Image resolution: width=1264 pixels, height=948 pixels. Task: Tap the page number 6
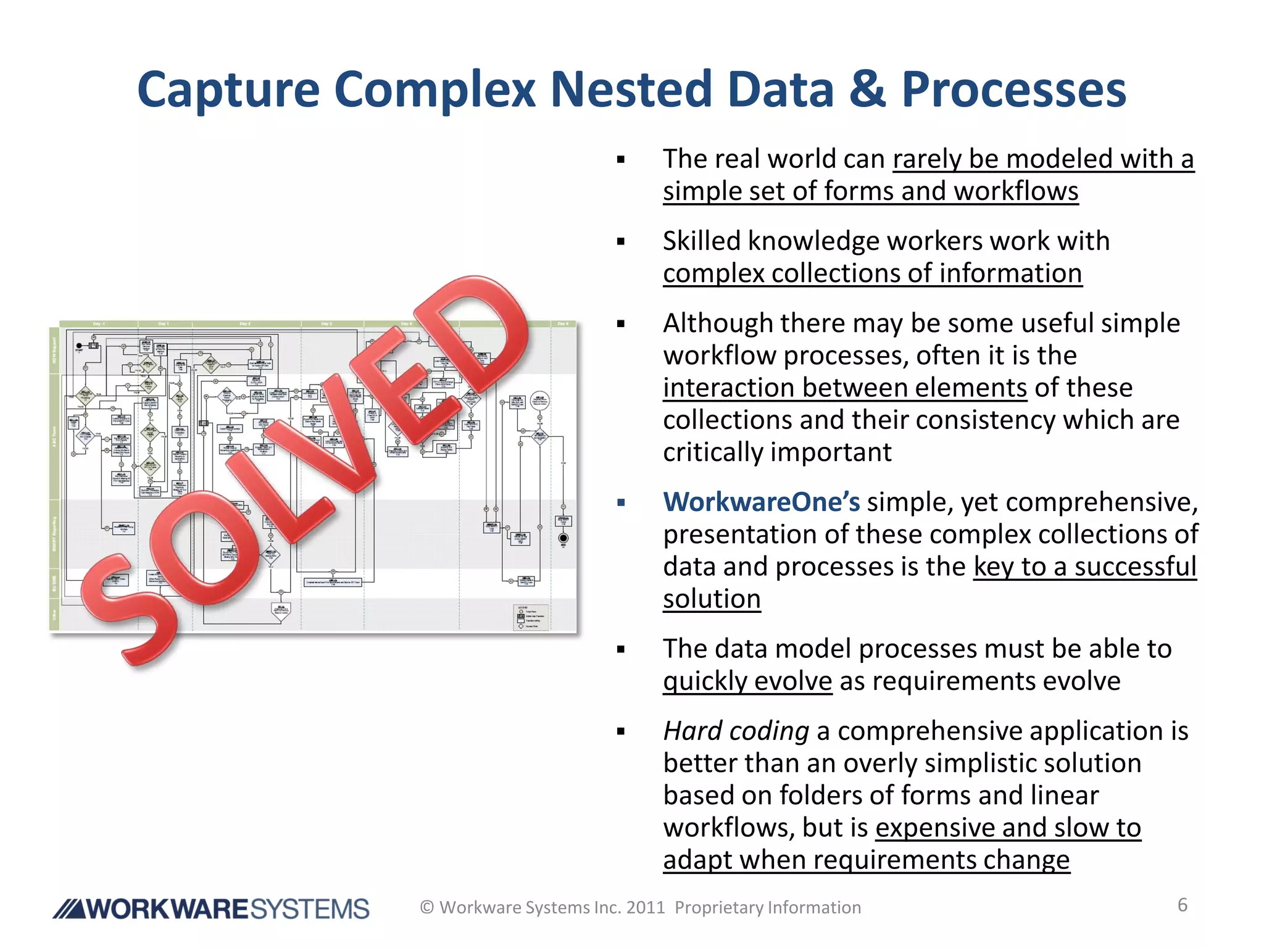[x=1183, y=905]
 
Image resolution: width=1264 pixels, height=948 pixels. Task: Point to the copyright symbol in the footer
[x=427, y=907]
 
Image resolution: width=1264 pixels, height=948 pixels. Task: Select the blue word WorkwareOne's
[x=761, y=502]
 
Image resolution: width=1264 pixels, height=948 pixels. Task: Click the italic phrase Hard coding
[x=736, y=731]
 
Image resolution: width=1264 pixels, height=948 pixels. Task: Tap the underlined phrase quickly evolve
[x=747, y=681]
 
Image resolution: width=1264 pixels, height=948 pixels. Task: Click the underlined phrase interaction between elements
[x=845, y=388]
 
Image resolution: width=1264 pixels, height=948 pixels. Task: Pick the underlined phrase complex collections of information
[x=872, y=273]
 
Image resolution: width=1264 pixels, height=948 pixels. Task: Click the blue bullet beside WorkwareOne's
[x=621, y=503]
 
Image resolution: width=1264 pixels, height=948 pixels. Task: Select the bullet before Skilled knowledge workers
[x=621, y=242]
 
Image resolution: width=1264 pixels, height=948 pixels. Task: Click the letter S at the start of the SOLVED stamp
[x=127, y=611]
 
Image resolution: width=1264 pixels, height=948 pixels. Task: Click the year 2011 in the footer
[x=645, y=907]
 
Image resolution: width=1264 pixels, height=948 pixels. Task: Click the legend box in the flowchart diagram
[x=531, y=617]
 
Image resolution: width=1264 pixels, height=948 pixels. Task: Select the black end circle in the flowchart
[x=563, y=538]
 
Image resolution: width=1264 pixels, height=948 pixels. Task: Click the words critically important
[x=777, y=452]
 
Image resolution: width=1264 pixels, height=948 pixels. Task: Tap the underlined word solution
[x=712, y=599]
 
